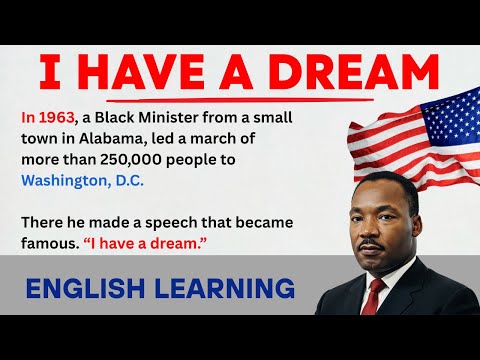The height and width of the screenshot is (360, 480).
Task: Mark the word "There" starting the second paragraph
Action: click(43, 219)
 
